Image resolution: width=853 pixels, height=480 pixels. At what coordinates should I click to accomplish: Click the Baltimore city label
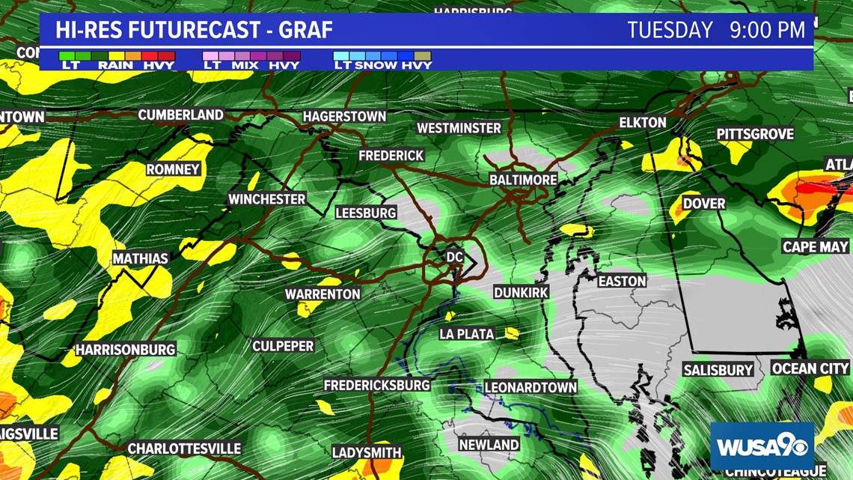[x=523, y=180]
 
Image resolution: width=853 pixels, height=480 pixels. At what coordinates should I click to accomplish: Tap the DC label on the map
[x=455, y=257]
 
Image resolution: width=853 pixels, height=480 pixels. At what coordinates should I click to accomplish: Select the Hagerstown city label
[x=344, y=117]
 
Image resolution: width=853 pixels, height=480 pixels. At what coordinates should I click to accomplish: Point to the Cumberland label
[x=180, y=115]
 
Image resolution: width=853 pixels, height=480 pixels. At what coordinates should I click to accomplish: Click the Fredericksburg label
[x=376, y=385]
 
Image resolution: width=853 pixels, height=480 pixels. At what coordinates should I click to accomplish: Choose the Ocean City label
[x=811, y=368]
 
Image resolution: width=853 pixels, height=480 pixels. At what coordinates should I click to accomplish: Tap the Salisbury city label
[x=718, y=370]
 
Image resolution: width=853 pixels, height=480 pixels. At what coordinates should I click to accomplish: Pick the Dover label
[x=703, y=203]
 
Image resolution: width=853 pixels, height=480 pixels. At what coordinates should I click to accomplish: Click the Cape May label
[x=815, y=246]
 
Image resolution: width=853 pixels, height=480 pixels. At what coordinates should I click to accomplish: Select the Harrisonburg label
[x=125, y=350]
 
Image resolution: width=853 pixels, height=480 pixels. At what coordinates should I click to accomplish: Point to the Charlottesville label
[x=184, y=449]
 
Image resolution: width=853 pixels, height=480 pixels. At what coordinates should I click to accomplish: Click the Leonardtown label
[x=531, y=387]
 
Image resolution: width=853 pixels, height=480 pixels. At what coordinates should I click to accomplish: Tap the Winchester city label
[x=266, y=199]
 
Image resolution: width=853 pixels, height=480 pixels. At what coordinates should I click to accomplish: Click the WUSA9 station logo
[x=762, y=447]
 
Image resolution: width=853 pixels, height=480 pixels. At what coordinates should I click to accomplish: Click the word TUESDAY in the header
[x=670, y=30]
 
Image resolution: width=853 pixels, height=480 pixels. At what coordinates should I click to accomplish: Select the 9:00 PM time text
[x=767, y=30]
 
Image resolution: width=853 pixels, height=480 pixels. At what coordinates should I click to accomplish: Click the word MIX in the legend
[x=244, y=65]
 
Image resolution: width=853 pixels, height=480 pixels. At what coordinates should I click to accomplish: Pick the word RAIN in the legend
[x=115, y=65]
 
